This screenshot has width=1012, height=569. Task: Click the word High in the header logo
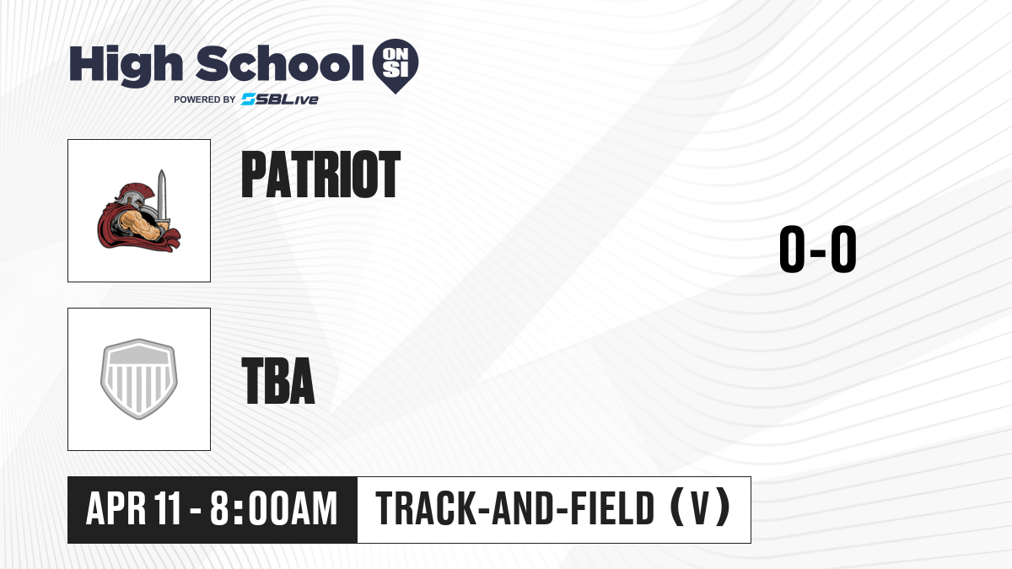[x=126, y=65]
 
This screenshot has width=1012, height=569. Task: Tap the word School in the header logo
[x=280, y=63]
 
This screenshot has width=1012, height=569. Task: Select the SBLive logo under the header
[x=280, y=99]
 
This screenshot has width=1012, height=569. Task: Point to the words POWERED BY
[x=204, y=99]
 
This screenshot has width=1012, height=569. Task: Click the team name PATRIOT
[x=320, y=174]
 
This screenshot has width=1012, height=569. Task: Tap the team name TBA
[x=277, y=380]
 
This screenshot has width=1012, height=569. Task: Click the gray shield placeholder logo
[x=138, y=379]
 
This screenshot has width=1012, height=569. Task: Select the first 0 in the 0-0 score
[x=793, y=250]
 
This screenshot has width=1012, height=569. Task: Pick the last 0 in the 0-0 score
[x=843, y=250]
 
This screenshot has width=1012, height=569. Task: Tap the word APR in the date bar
[x=116, y=508]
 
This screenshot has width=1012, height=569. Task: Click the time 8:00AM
[x=274, y=508]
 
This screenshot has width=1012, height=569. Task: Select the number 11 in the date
[x=167, y=508]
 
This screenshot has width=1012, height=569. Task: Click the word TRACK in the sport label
[x=426, y=508]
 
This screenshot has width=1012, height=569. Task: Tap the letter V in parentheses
[x=700, y=508]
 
